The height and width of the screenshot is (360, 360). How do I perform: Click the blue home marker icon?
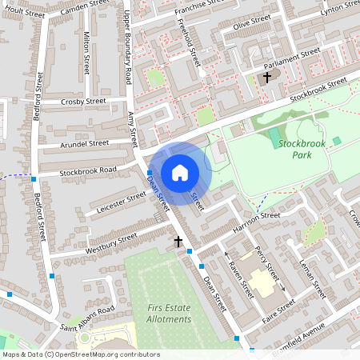[180, 173]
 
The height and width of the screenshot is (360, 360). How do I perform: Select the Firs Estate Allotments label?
[170, 313]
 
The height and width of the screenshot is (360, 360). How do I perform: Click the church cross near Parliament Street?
[267, 78]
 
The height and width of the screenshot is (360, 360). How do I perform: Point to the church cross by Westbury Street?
[178, 241]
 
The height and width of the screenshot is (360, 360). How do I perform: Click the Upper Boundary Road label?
[128, 43]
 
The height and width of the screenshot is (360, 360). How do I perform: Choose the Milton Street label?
[86, 54]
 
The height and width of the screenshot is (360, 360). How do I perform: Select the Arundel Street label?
[84, 144]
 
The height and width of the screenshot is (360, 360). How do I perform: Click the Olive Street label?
[253, 25]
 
